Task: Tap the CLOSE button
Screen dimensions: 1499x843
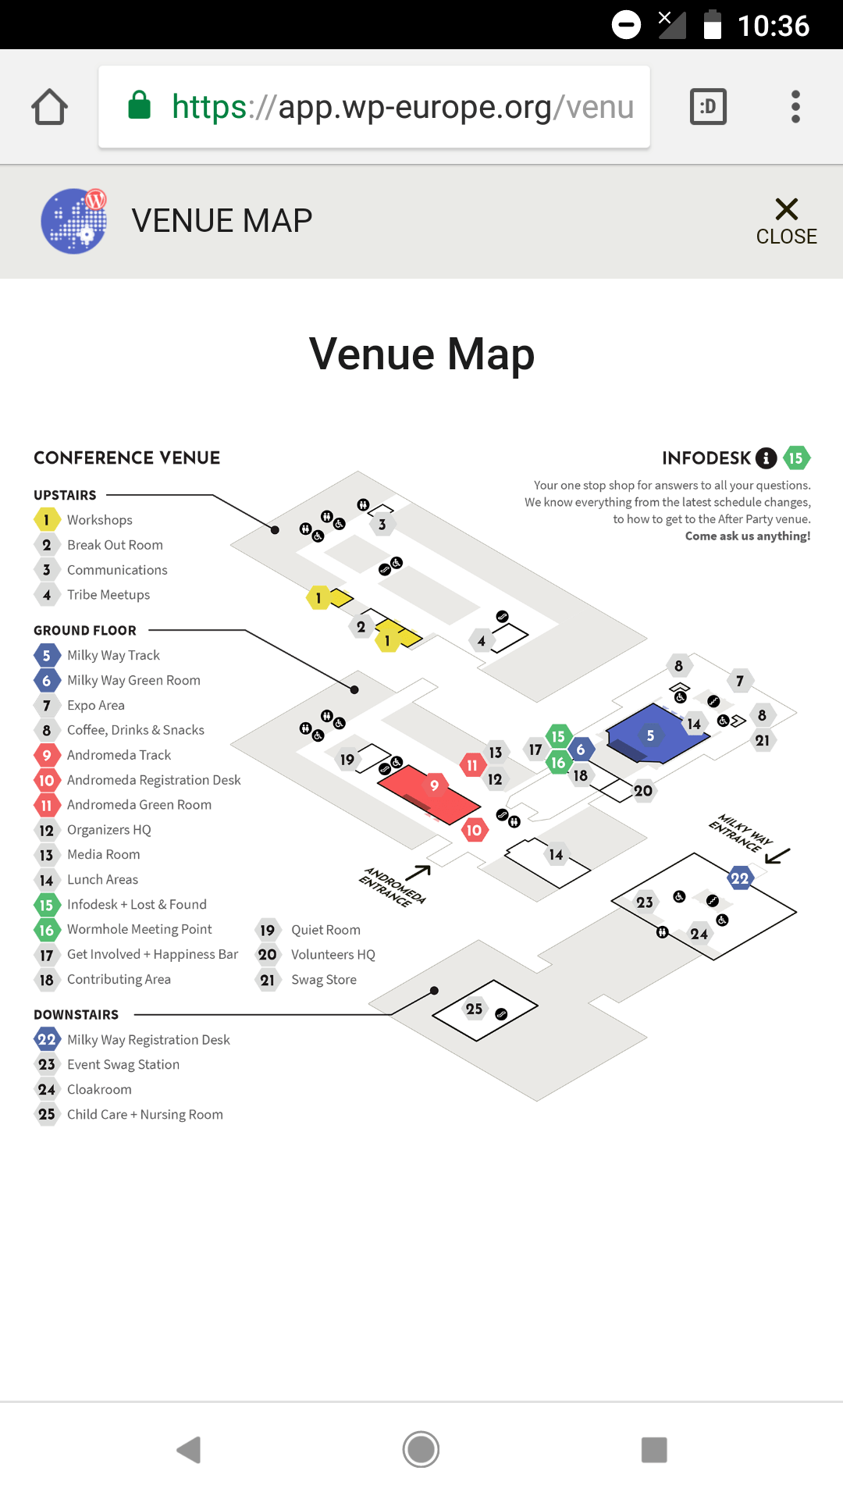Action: click(786, 221)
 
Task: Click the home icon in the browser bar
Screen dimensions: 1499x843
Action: click(49, 107)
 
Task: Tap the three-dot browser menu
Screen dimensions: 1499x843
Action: click(795, 107)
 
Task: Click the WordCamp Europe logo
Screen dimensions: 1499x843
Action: click(74, 221)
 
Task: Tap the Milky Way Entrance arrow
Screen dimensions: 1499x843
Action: click(777, 855)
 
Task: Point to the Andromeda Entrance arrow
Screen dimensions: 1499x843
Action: click(418, 872)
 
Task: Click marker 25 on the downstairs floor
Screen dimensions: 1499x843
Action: click(474, 1009)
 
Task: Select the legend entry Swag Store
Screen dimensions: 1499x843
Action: click(323, 980)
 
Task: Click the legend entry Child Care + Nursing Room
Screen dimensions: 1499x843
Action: click(144, 1114)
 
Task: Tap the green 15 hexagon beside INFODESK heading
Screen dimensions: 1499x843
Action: click(796, 458)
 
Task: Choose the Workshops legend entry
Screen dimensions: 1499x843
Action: click(99, 520)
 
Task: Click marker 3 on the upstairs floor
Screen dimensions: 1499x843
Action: click(382, 525)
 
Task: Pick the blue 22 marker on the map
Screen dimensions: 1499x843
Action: click(739, 878)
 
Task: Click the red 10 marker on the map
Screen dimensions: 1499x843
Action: click(474, 830)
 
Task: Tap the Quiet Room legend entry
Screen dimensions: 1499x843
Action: click(325, 930)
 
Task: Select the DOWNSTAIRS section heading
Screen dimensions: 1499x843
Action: click(76, 1015)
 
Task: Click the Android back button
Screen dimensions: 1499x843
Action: click(189, 1450)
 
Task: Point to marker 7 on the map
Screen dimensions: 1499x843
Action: click(739, 681)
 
